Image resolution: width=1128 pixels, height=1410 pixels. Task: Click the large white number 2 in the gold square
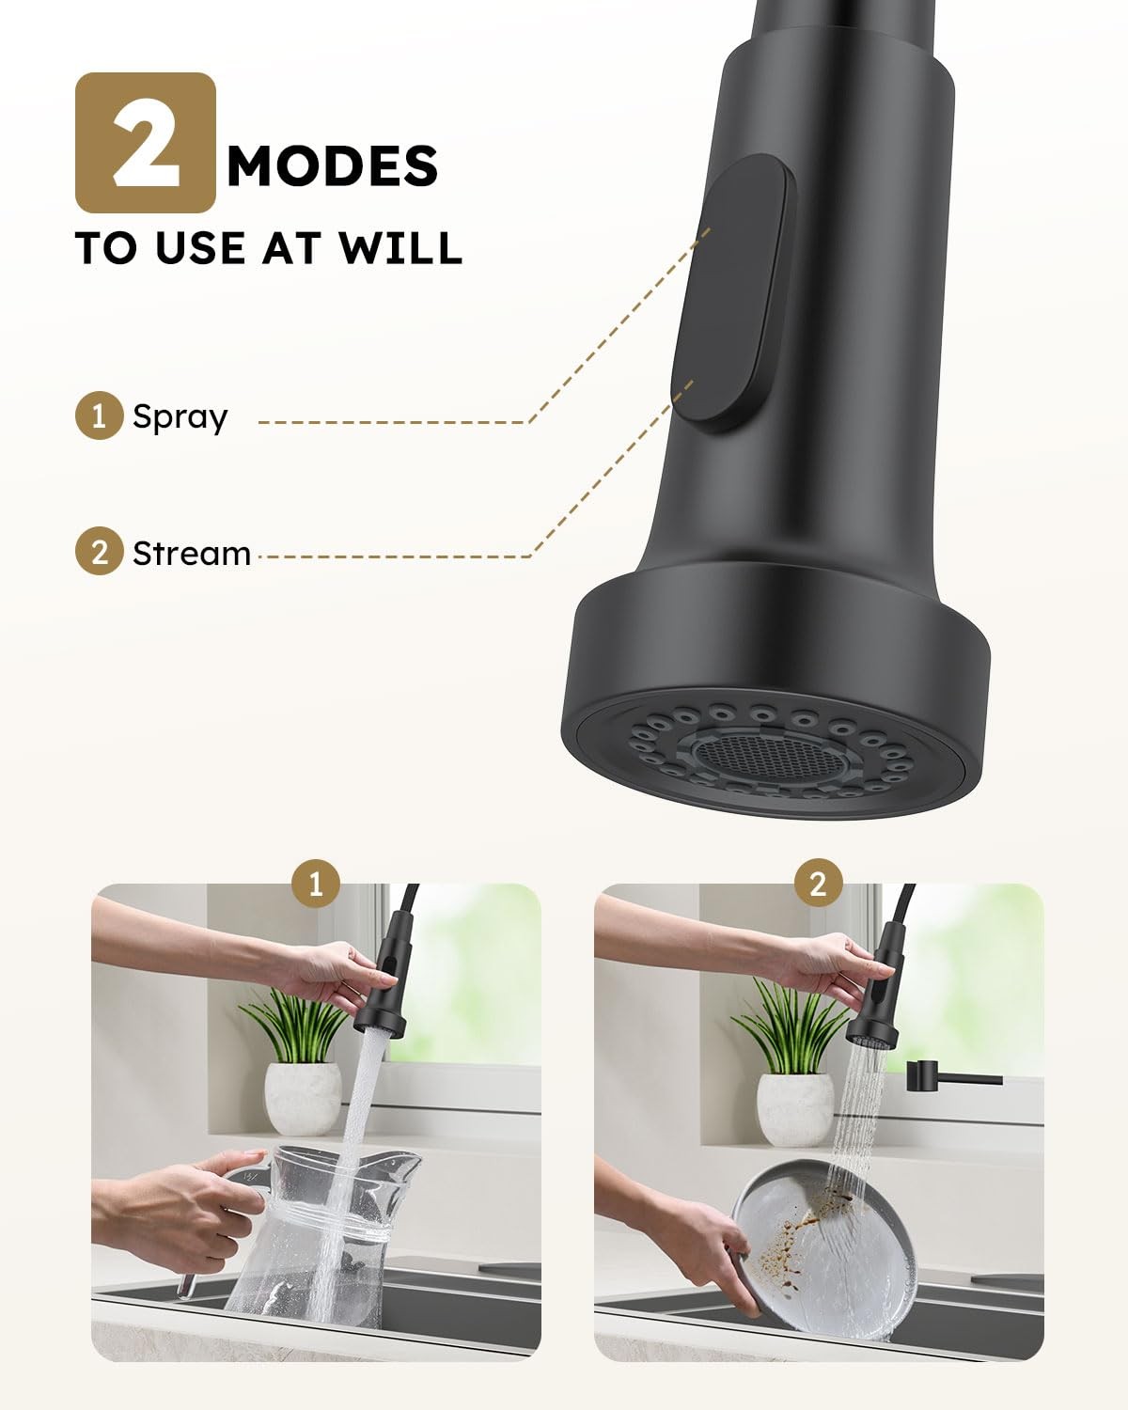click(x=146, y=142)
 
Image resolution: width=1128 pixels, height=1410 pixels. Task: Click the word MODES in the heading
click(x=333, y=165)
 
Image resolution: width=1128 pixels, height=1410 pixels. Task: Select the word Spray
click(x=180, y=416)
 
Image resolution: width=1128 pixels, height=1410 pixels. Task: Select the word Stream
click(x=192, y=554)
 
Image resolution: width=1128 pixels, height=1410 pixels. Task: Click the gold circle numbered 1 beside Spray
click(x=99, y=415)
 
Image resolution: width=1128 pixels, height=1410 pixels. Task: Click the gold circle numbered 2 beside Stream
click(x=99, y=551)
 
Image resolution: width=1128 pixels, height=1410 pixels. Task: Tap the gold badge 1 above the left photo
click(x=316, y=884)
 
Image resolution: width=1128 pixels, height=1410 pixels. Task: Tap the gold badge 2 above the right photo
click(x=818, y=884)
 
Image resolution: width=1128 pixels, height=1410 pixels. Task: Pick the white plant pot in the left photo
click(x=303, y=1099)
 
